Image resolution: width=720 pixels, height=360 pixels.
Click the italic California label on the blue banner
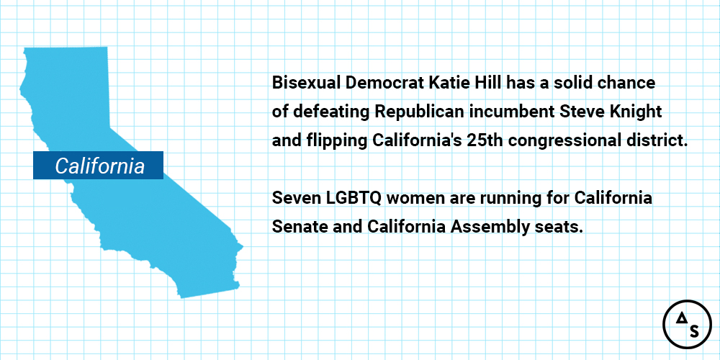pyautogui.click(x=99, y=166)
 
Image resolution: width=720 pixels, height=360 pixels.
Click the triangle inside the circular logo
pyautogui.click(x=679, y=318)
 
